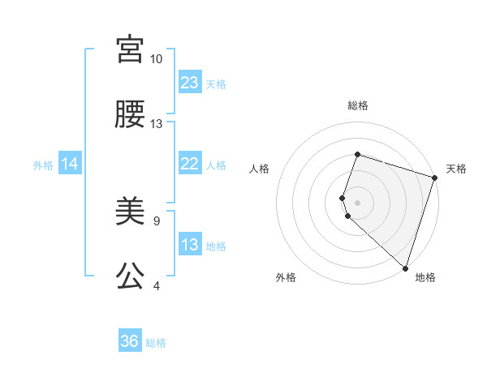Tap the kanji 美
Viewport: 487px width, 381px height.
[x=130, y=212]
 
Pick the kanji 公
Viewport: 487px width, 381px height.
[x=130, y=276]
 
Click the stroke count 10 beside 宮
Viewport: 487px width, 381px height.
[x=156, y=59]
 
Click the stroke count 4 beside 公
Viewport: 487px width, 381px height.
[x=156, y=285]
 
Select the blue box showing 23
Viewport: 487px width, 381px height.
[x=190, y=83]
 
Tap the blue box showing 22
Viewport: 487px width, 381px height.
[x=190, y=164]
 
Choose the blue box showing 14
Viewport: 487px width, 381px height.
[x=70, y=165]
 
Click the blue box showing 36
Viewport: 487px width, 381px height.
[x=130, y=341]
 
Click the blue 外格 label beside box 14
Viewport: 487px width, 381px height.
[x=43, y=165]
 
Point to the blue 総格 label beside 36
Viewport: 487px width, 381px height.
[x=156, y=343]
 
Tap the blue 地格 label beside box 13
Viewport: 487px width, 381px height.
[x=216, y=246]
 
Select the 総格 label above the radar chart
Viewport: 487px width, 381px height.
[x=358, y=105]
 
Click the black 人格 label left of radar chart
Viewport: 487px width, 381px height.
[x=260, y=169]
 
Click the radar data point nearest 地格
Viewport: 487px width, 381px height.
[x=405, y=268]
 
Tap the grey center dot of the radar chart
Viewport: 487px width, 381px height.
[x=358, y=202]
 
